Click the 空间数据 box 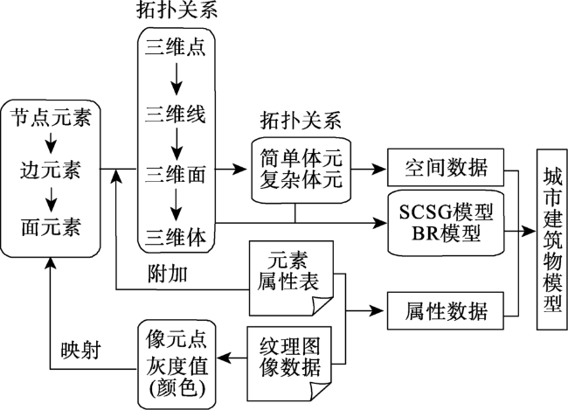pyautogui.click(x=446, y=168)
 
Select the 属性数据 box pyautogui.click(x=446, y=310)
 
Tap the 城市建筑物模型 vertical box pyautogui.click(x=551, y=240)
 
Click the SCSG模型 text pyautogui.click(x=446, y=212)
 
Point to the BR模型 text pyautogui.click(x=446, y=233)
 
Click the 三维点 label pyautogui.click(x=176, y=47)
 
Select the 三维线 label pyautogui.click(x=176, y=114)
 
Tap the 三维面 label pyautogui.click(x=176, y=174)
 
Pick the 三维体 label pyautogui.click(x=176, y=236)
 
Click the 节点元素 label pyautogui.click(x=51, y=117)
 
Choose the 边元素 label pyautogui.click(x=51, y=170)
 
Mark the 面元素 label pyautogui.click(x=51, y=227)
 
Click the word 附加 pyautogui.click(x=168, y=274)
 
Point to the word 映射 pyautogui.click(x=80, y=351)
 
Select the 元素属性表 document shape pyautogui.click(x=291, y=278)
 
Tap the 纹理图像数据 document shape pyautogui.click(x=289, y=364)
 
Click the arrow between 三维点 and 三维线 pyautogui.click(x=177, y=79)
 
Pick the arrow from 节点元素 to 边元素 pyautogui.click(x=51, y=142)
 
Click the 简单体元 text pyautogui.click(x=301, y=158)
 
